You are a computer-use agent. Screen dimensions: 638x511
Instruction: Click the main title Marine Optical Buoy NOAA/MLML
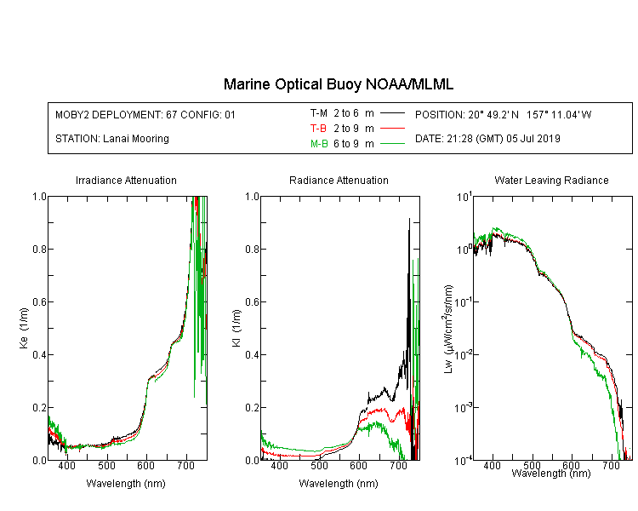point(338,84)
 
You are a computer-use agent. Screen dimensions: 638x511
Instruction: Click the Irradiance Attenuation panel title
point(126,180)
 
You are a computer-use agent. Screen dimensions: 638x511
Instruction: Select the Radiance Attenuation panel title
point(339,180)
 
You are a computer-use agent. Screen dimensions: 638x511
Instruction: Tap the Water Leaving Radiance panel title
point(551,180)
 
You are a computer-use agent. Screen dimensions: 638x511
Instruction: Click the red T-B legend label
point(318,129)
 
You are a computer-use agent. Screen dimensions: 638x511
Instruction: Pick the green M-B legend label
point(319,144)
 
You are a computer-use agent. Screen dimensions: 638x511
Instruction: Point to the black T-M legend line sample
point(392,113)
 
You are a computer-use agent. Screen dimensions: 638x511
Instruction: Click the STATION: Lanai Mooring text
point(112,139)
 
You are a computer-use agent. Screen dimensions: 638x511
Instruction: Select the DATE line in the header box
point(487,139)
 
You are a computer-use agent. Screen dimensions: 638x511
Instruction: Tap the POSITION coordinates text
point(503,114)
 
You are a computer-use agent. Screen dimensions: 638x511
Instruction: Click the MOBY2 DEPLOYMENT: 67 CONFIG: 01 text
point(145,114)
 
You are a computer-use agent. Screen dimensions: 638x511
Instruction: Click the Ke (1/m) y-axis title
point(24,328)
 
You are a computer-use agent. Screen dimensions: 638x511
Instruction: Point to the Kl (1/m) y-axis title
point(236,328)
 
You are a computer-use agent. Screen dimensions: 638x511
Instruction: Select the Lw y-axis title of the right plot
point(448,329)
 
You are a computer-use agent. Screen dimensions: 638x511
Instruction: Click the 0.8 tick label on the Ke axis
point(40,249)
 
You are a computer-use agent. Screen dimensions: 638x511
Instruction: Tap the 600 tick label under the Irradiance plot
point(146,465)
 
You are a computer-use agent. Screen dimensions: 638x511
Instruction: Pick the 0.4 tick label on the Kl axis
point(253,354)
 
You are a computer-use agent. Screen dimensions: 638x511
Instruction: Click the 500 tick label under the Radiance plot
point(319,465)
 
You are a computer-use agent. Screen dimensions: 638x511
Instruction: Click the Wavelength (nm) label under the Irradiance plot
point(126,484)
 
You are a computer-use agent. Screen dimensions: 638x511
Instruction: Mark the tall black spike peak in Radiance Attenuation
point(409,219)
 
